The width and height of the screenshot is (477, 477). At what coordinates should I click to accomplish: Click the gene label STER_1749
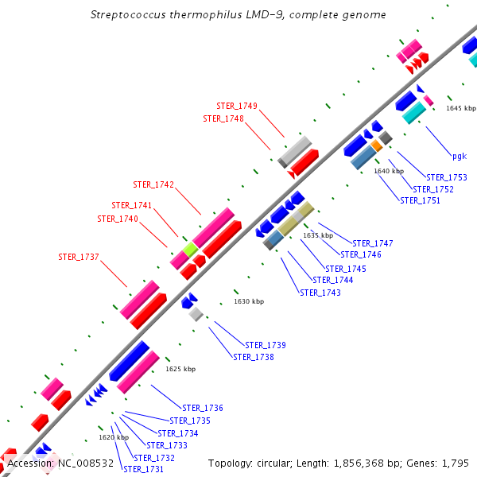(237, 106)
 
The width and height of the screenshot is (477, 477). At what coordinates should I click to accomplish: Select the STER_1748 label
(223, 118)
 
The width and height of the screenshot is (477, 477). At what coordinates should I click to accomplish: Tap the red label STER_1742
(153, 184)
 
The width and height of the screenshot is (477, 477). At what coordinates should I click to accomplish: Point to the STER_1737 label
(79, 257)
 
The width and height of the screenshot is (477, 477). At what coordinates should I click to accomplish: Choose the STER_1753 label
(447, 177)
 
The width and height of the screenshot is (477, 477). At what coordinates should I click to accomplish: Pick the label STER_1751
(421, 200)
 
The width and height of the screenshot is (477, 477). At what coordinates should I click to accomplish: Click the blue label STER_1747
(373, 243)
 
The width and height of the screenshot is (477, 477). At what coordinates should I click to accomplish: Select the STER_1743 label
(320, 293)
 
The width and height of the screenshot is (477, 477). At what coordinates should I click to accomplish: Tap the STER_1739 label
(266, 345)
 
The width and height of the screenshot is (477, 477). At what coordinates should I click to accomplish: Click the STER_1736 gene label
(203, 408)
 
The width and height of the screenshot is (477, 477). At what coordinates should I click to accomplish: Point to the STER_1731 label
(143, 469)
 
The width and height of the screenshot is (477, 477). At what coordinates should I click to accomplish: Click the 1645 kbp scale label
(461, 108)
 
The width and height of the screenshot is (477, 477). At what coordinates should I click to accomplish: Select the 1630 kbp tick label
(249, 301)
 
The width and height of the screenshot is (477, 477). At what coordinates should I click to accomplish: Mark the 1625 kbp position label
(180, 369)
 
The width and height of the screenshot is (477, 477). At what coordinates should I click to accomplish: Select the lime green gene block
(190, 250)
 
